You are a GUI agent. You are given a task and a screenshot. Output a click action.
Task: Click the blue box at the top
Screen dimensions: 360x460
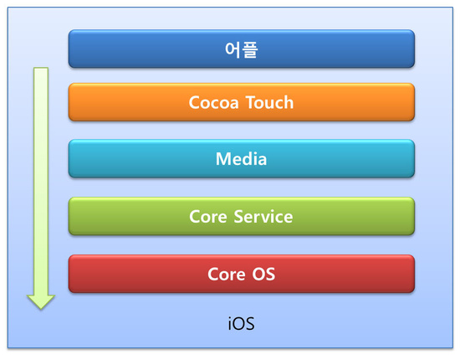pyautogui.click(x=241, y=49)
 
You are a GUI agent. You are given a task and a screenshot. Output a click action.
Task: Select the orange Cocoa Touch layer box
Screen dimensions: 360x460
pyautogui.click(x=241, y=102)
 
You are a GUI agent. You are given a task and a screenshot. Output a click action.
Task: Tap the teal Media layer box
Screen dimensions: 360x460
pyautogui.click(x=241, y=159)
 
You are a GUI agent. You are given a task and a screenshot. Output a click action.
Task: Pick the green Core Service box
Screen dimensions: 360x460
pyautogui.click(x=241, y=216)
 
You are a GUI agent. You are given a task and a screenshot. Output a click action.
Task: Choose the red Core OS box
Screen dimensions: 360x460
pyautogui.click(x=241, y=274)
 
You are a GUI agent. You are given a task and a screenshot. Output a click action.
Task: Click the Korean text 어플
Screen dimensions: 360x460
pyautogui.click(x=241, y=49)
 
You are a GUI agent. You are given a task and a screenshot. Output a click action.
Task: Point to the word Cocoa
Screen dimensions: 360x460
pyautogui.click(x=214, y=103)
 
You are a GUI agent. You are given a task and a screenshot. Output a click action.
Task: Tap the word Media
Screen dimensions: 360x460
pyautogui.click(x=241, y=159)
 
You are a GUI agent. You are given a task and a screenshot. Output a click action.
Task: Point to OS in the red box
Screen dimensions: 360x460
pyautogui.click(x=263, y=274)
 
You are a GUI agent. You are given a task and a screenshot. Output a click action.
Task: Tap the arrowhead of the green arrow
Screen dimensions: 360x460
pyautogui.click(x=40, y=300)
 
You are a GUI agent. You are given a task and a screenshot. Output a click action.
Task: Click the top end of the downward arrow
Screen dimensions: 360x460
pyautogui.click(x=40, y=72)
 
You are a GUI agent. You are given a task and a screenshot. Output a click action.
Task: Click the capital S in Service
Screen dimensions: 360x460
pyautogui.click(x=240, y=217)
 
